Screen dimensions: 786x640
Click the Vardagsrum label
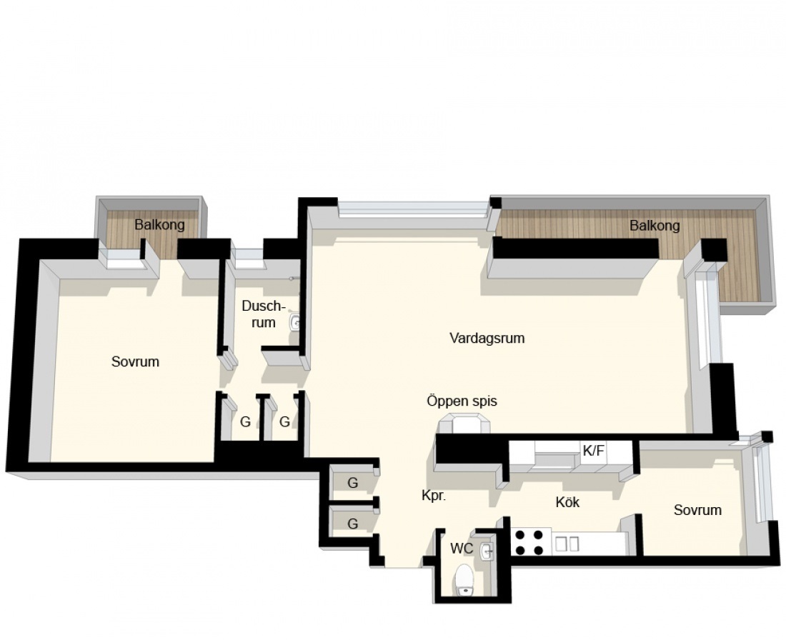(x=487, y=339)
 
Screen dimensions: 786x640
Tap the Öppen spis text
(x=462, y=401)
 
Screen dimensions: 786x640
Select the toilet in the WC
(x=464, y=580)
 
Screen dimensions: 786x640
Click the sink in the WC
(x=486, y=551)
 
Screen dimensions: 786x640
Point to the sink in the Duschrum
(x=294, y=322)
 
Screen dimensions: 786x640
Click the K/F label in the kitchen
(x=593, y=451)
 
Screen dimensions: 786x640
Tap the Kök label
(x=567, y=502)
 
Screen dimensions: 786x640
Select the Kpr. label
(x=434, y=496)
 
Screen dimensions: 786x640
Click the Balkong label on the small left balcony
(x=159, y=224)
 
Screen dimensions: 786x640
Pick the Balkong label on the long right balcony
(x=655, y=226)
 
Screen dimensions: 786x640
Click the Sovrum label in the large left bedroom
(x=135, y=361)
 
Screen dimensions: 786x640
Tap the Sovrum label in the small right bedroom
(x=698, y=510)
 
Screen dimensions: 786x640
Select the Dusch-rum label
(x=263, y=314)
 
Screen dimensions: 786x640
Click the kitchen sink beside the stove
(x=568, y=544)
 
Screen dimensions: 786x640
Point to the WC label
(x=462, y=549)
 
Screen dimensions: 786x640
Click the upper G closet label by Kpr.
(x=353, y=483)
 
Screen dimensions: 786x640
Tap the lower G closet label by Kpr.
(x=353, y=524)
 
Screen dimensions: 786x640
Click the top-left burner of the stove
(x=521, y=535)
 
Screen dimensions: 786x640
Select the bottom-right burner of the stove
(x=538, y=550)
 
